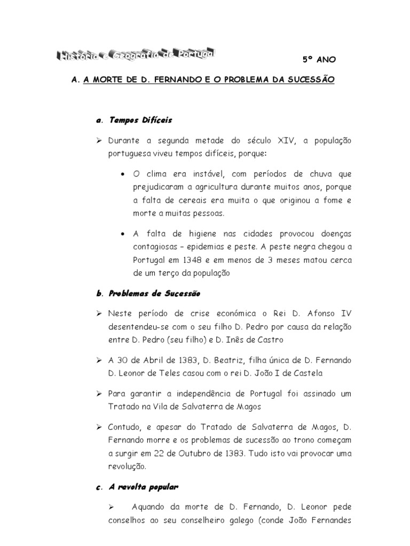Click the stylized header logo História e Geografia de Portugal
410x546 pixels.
pos(136,54)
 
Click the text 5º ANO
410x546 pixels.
pos(319,60)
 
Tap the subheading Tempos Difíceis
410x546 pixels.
pos(140,121)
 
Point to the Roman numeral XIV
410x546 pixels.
pos(287,141)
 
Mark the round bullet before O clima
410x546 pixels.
pos(124,174)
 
